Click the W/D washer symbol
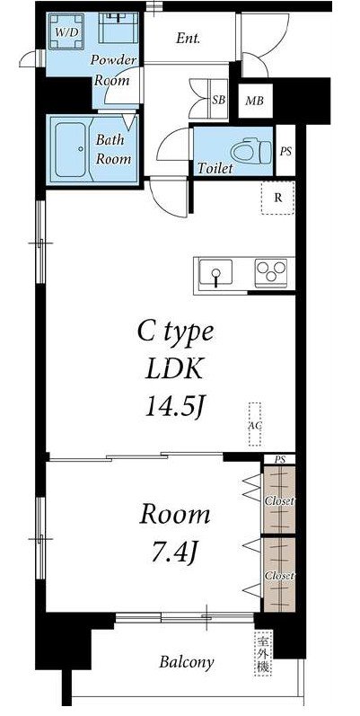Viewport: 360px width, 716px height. [x=66, y=31]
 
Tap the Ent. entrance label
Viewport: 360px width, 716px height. [x=188, y=39]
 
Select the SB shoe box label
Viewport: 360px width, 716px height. [x=218, y=101]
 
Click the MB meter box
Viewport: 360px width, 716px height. [x=255, y=101]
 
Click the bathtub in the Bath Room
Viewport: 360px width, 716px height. [x=71, y=149]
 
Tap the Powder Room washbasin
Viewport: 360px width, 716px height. [x=119, y=28]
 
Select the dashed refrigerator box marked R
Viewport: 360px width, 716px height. [x=277, y=198]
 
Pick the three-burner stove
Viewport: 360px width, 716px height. [x=271, y=273]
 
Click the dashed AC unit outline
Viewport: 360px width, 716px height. [x=255, y=424]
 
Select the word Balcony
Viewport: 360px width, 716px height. [x=187, y=662]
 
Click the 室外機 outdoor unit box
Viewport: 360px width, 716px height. [x=264, y=653]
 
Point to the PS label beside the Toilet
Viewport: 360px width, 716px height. [x=285, y=152]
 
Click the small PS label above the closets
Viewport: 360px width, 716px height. [x=280, y=459]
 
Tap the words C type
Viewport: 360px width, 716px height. [x=175, y=333]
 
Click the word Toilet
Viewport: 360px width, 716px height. [x=215, y=169]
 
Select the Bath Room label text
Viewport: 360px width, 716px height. [x=113, y=149]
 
